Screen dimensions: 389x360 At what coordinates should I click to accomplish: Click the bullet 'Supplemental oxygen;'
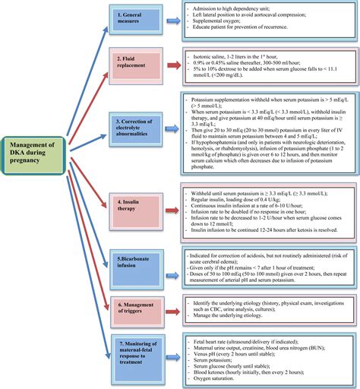tap(221, 23)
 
